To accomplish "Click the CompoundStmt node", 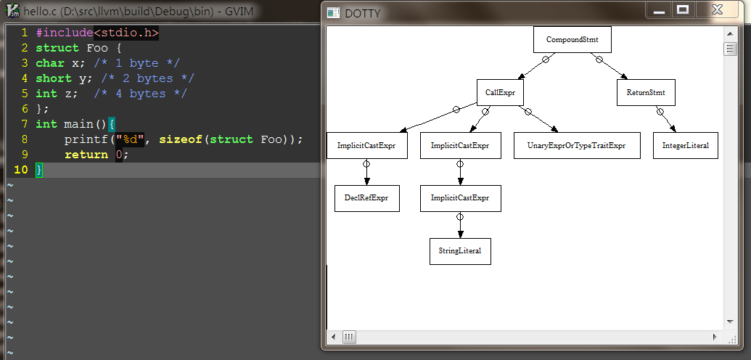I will click(x=572, y=40).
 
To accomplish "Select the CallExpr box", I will click(x=500, y=93).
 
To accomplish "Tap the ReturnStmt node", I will click(x=646, y=93).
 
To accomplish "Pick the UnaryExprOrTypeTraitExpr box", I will click(x=578, y=146).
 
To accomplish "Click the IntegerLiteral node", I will click(x=685, y=146).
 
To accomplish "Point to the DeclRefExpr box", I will click(x=367, y=198).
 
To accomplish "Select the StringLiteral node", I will click(x=460, y=251).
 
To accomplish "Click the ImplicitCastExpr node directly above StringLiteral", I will click(x=460, y=198).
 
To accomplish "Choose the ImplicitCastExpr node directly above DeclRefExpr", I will click(x=366, y=146).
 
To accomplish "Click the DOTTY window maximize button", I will click(x=682, y=10).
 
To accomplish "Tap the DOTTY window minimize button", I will click(x=659, y=10).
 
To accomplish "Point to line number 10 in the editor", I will click(x=21, y=170).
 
